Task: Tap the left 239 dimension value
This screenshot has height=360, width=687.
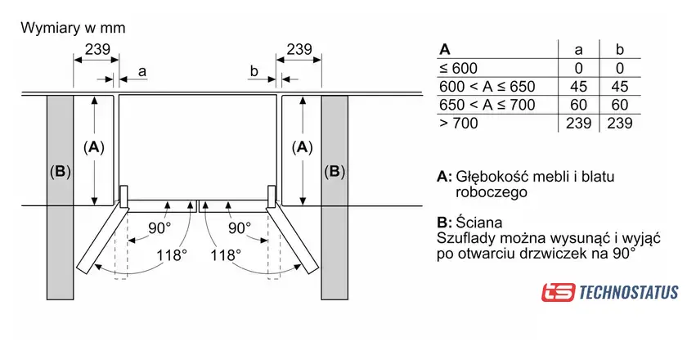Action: click(97, 48)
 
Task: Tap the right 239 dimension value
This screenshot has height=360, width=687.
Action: click(300, 48)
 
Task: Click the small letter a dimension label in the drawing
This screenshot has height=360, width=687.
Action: click(142, 72)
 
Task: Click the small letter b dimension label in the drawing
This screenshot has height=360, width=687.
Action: click(254, 72)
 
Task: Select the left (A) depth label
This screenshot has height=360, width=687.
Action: click(94, 147)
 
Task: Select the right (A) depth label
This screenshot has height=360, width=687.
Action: click(303, 147)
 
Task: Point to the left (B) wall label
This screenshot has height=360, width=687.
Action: click(61, 172)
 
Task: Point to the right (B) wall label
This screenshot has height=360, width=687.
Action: click(335, 172)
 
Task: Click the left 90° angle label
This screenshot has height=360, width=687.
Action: click(160, 227)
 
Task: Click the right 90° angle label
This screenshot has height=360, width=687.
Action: click(239, 227)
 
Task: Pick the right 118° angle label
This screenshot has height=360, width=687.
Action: click(225, 254)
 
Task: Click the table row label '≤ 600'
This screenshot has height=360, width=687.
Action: click(458, 68)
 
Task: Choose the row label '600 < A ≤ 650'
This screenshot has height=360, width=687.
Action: click(487, 86)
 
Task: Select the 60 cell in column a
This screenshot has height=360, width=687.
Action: click(578, 105)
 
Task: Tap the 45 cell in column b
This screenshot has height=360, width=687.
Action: click(619, 86)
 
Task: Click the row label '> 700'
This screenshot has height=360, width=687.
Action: click(458, 123)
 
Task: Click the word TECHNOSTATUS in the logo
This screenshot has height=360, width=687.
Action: click(628, 291)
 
